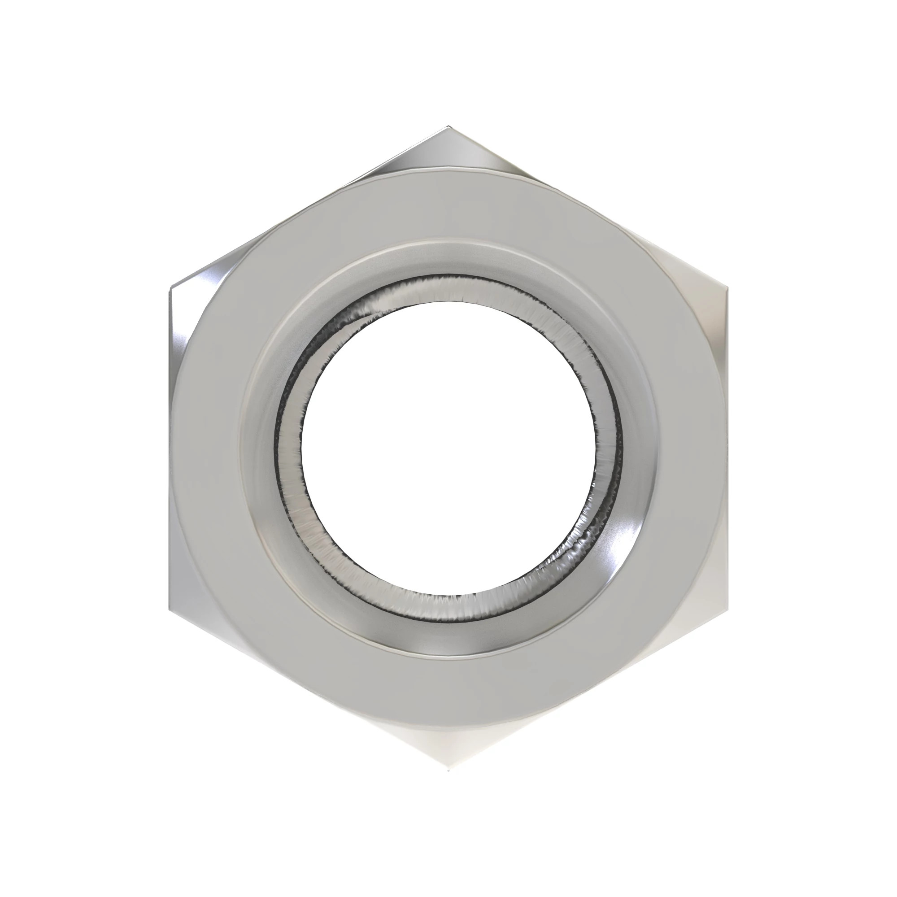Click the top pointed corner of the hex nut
[448, 127]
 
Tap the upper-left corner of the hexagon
[170, 289]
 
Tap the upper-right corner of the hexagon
[727, 289]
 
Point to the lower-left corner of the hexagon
[170, 609]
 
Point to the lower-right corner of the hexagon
[727, 609]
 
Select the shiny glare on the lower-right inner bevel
[622, 548]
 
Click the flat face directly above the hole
[448, 209]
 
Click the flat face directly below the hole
[448, 687]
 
